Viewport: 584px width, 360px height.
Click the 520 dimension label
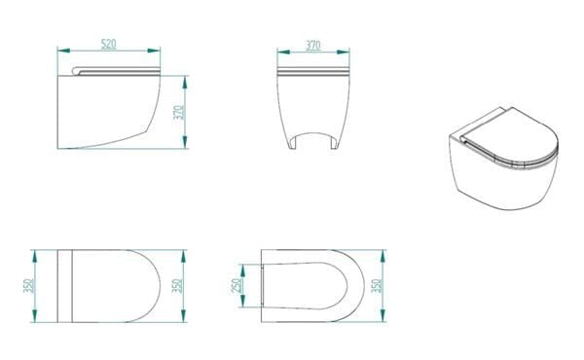click(109, 44)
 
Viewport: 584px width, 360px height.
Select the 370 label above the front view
click(313, 45)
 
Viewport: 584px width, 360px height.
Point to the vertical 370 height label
click(179, 113)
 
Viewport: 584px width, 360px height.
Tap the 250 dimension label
click(237, 286)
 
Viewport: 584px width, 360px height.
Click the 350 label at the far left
click(28, 285)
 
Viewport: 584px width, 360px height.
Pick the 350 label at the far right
click(377, 285)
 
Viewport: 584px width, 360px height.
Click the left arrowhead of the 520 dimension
click(63, 51)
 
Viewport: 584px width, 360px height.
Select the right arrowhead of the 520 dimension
click(154, 51)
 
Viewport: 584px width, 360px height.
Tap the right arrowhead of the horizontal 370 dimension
click(343, 52)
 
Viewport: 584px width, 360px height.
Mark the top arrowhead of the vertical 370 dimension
click(185, 82)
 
